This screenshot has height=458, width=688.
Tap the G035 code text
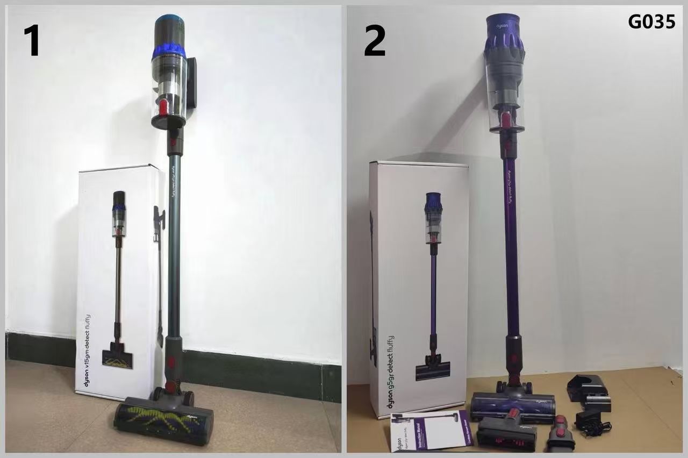pyautogui.click(x=651, y=22)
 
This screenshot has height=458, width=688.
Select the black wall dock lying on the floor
pyautogui.click(x=589, y=392)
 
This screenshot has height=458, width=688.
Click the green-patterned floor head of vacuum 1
pyautogui.click(x=163, y=420)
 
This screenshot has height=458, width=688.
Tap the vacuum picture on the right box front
pyautogui.click(x=433, y=285)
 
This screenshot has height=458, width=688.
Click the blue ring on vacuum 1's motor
pyautogui.click(x=169, y=51)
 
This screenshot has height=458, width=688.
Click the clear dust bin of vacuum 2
pyautogui.click(x=505, y=97)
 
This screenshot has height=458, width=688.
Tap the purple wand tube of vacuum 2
pyautogui.click(x=511, y=242)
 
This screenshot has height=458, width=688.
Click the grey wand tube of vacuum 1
pyautogui.click(x=174, y=242)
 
